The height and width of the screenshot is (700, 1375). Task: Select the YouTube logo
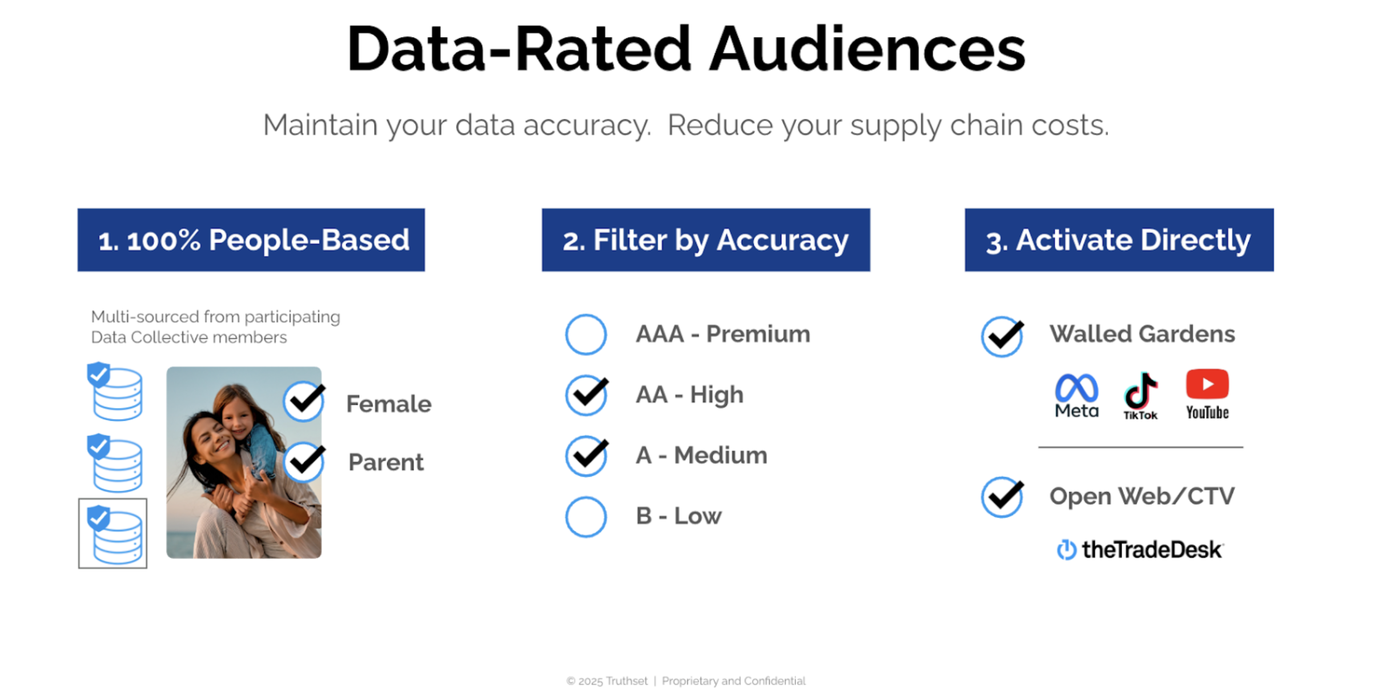[1207, 394]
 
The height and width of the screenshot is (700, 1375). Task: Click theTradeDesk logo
[1140, 550]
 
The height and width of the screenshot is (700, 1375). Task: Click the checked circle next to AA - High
[586, 395]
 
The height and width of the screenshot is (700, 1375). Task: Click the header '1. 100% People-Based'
[251, 240]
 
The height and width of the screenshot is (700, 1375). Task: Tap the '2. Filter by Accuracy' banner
[706, 240]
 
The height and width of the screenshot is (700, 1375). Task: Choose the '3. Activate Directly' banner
[1119, 240]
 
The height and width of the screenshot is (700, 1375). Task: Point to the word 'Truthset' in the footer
[626, 681]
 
